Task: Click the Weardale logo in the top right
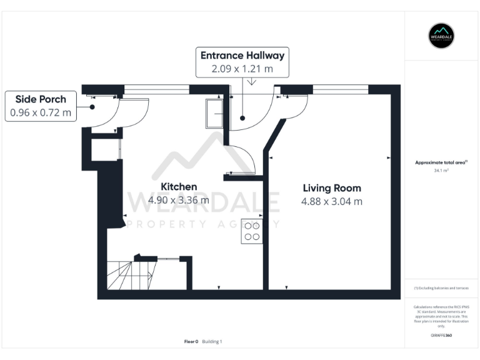441,36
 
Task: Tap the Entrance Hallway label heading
242,56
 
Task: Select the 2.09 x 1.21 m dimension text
242,69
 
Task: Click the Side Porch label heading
41,99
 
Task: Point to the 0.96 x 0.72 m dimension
41,113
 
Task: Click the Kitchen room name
179,187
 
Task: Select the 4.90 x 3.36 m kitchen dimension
179,201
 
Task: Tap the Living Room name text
332,187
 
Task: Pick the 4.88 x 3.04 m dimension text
332,201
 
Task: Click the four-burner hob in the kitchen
252,231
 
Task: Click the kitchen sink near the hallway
214,114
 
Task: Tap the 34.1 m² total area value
441,170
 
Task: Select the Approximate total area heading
441,162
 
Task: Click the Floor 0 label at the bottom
191,341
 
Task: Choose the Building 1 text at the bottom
212,341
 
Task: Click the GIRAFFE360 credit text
441,336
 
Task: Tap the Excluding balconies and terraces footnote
441,288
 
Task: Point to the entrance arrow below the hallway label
251,82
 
